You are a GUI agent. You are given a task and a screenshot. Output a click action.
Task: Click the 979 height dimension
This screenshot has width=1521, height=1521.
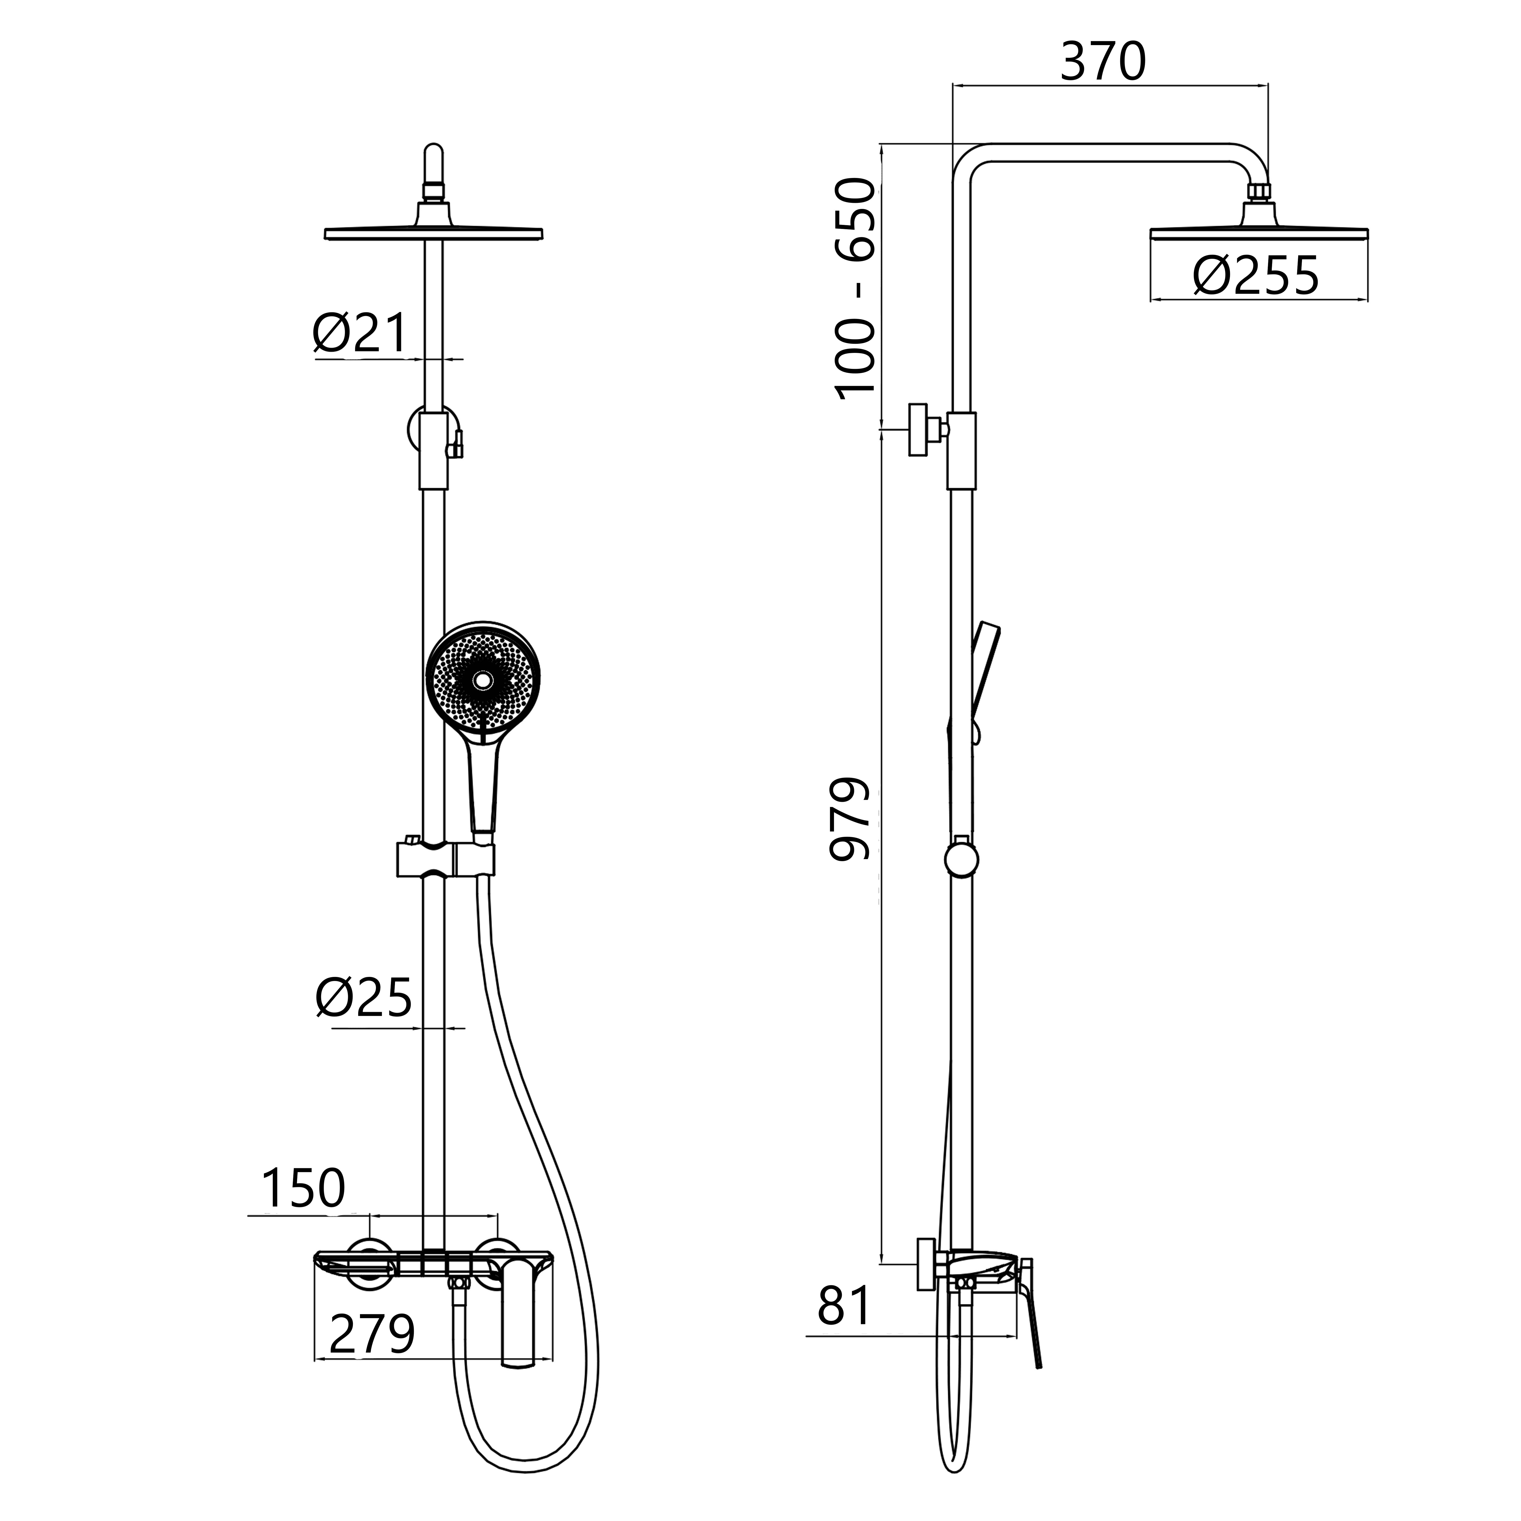click(851, 819)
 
